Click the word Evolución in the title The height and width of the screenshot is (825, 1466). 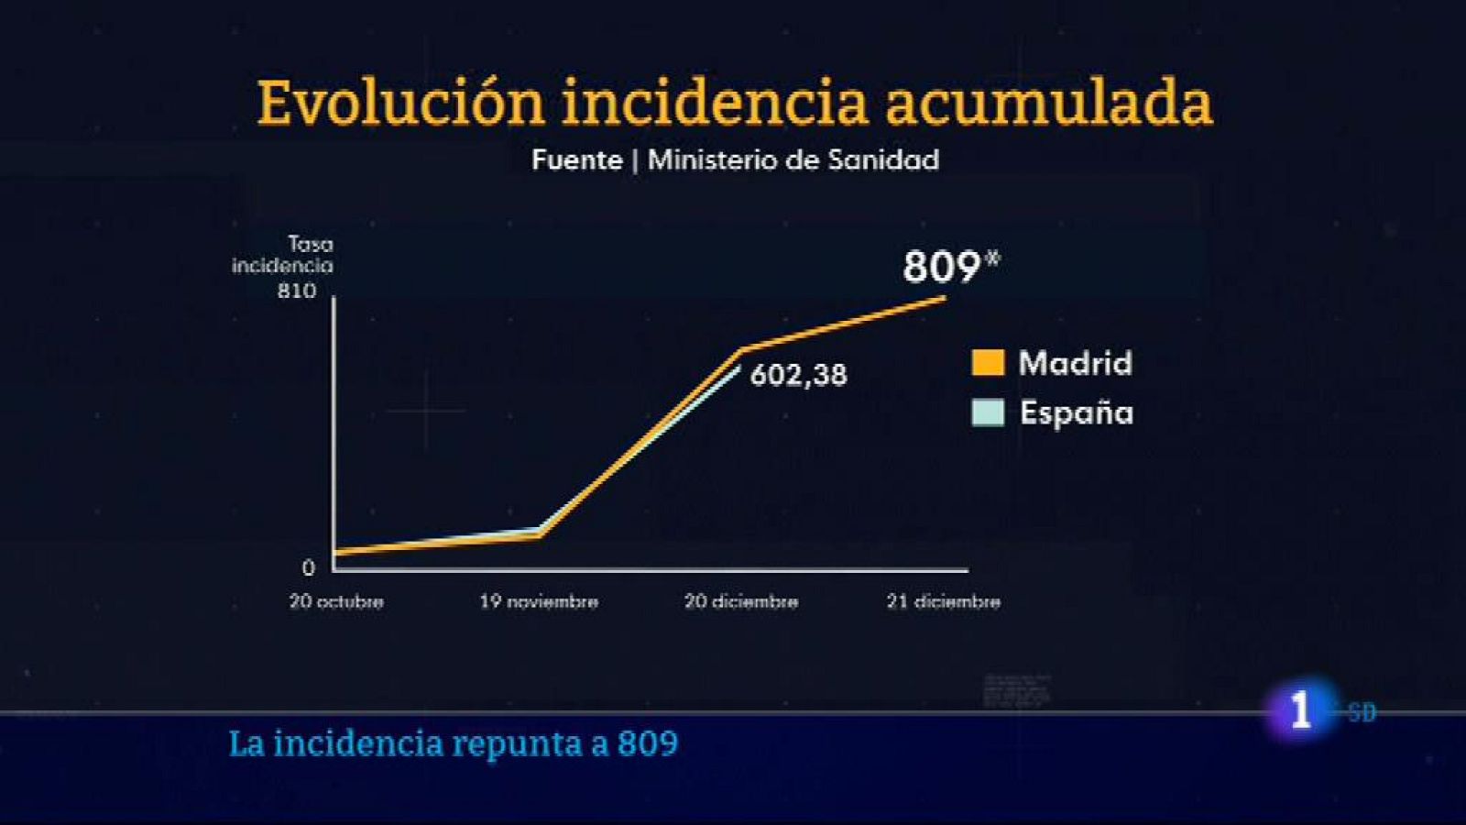tap(400, 103)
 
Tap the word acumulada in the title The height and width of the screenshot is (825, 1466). tap(1048, 103)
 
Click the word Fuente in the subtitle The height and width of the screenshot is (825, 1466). tap(576, 160)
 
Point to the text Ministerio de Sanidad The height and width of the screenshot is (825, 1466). tap(793, 160)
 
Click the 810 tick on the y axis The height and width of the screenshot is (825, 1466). tap(296, 291)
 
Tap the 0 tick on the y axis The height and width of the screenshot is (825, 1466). tap(308, 568)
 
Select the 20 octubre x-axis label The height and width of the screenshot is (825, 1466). tap(336, 602)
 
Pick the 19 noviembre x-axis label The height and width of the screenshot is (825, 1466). tap(539, 602)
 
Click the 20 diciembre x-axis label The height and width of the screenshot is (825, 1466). tap(741, 602)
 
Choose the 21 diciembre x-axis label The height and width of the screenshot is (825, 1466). tap(943, 602)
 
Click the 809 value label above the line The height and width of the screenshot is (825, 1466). tap(942, 268)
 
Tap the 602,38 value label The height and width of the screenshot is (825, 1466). tap(798, 375)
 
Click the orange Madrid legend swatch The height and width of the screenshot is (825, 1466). tap(988, 363)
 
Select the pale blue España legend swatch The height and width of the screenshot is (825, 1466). tap(988, 412)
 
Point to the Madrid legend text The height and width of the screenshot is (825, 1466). tap(1076, 363)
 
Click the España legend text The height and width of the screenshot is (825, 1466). tap(1077, 412)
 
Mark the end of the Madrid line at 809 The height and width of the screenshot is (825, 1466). tap(943, 297)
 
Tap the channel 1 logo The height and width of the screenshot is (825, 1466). tap(1300, 710)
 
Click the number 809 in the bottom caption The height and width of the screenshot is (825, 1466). tap(648, 743)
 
